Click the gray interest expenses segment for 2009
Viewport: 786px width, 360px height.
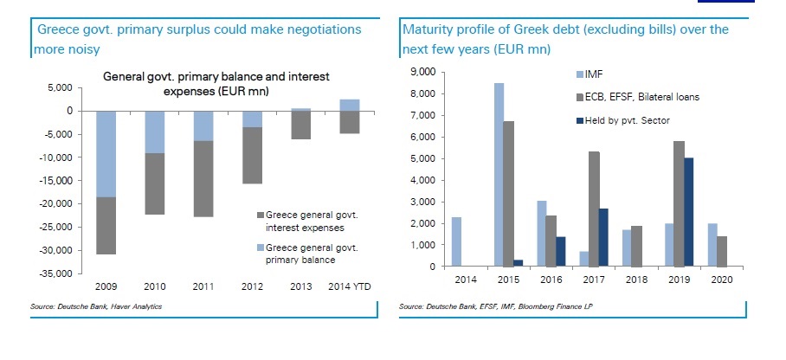(105, 226)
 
